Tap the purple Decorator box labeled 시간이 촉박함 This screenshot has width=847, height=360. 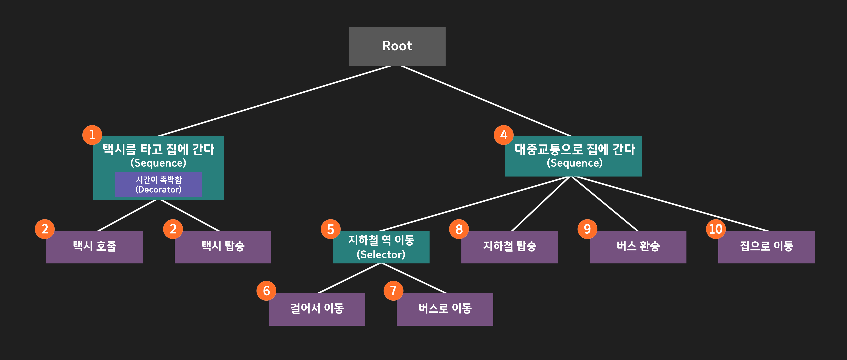pos(158,184)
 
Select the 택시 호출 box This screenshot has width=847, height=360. pos(94,247)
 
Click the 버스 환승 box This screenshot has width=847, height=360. pos(638,247)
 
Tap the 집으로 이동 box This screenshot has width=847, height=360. pos(766,247)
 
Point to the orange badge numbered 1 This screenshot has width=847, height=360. pos(92,135)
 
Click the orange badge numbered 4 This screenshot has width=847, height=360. pos(504,135)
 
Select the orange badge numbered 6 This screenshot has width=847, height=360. pos(266,291)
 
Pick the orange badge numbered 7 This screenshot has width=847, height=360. pos(394,291)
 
